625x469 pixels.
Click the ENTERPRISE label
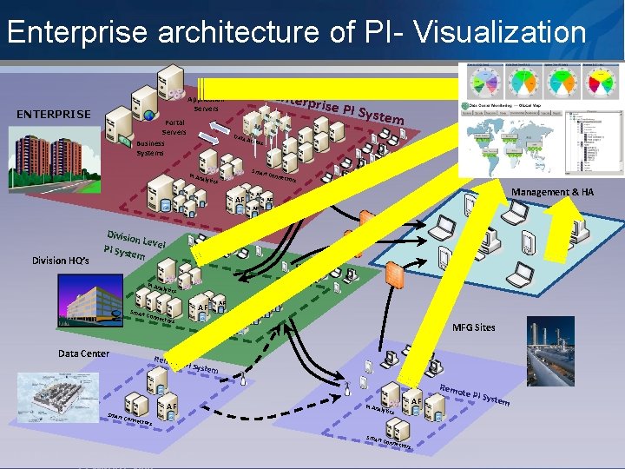(54, 114)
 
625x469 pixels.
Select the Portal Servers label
(174, 128)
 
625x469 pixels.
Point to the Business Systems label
(150, 148)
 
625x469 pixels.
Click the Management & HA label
(552, 191)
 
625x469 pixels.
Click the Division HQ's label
(60, 260)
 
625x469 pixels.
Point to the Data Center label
(83, 353)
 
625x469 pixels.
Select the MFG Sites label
(474, 327)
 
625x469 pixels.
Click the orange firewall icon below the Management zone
(393, 275)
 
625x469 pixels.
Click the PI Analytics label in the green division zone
(161, 287)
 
